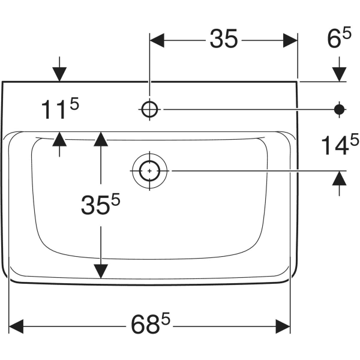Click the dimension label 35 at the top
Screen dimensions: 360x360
223,39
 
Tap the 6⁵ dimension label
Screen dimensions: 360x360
339,38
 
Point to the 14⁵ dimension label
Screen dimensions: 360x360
340,144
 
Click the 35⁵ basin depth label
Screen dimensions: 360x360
101,204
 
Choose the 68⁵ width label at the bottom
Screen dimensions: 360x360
151,323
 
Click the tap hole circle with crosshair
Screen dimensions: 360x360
149,109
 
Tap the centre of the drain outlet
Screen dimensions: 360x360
149,171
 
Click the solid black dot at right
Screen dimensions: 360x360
340,109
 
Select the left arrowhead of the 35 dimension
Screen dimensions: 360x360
157,40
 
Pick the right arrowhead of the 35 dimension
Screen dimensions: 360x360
290,40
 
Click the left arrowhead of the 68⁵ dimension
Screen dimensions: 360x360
16,326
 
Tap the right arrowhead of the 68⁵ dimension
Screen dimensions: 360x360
283,326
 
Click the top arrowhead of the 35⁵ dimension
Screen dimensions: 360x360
101,139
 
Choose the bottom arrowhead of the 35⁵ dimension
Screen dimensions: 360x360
101,271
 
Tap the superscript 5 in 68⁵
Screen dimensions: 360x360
166,318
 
